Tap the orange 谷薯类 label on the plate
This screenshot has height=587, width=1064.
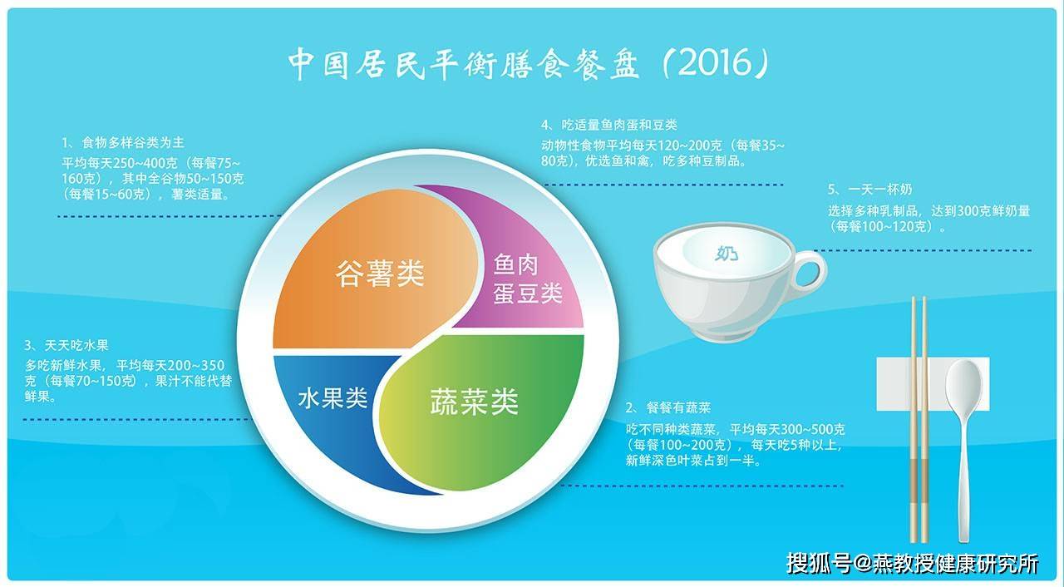coord(380,273)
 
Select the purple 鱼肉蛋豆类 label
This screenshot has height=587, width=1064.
coord(527,279)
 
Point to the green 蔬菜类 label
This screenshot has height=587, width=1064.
coord(474,402)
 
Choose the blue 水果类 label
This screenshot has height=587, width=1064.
coord(332,399)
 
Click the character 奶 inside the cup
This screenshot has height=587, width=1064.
coord(729,253)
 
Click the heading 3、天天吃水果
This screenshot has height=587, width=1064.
coord(66,345)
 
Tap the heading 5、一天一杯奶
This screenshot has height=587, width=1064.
coord(869,190)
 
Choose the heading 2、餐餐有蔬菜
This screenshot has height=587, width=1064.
coord(668,407)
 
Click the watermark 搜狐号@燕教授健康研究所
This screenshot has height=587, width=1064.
coord(912,563)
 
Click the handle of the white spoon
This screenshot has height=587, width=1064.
coord(965,482)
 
